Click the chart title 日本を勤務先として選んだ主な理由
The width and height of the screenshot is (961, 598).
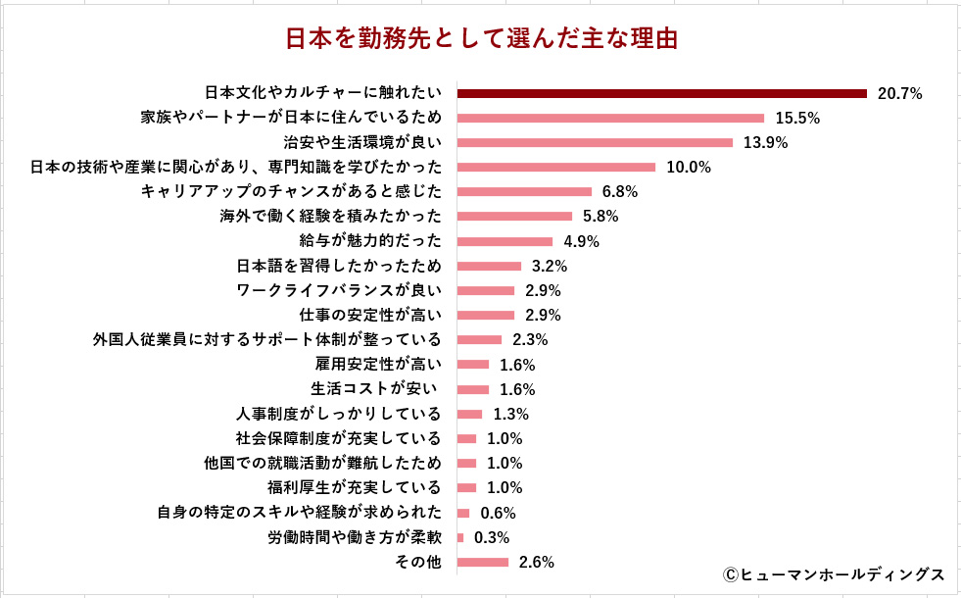click(x=481, y=39)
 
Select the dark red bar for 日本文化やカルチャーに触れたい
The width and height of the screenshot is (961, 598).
click(x=661, y=93)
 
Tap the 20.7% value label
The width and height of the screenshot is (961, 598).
click(x=900, y=94)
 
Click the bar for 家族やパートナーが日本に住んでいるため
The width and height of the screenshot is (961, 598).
click(x=610, y=118)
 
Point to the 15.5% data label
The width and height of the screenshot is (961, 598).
click(x=797, y=119)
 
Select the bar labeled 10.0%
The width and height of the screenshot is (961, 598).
click(x=555, y=167)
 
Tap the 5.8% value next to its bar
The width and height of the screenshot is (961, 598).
click(x=601, y=217)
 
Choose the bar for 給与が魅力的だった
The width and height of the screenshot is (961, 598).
click(x=505, y=241)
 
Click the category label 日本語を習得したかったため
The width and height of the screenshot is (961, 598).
click(x=339, y=266)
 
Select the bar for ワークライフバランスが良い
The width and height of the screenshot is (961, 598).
click(x=485, y=290)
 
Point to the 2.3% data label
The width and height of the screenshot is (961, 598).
click(x=530, y=340)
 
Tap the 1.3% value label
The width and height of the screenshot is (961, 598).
click(x=511, y=414)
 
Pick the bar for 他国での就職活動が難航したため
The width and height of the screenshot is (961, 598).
click(x=466, y=463)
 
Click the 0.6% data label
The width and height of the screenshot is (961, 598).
click(x=498, y=513)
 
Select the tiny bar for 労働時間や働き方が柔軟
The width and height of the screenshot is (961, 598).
click(x=460, y=537)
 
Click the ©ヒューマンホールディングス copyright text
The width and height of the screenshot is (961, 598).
click(x=834, y=573)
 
